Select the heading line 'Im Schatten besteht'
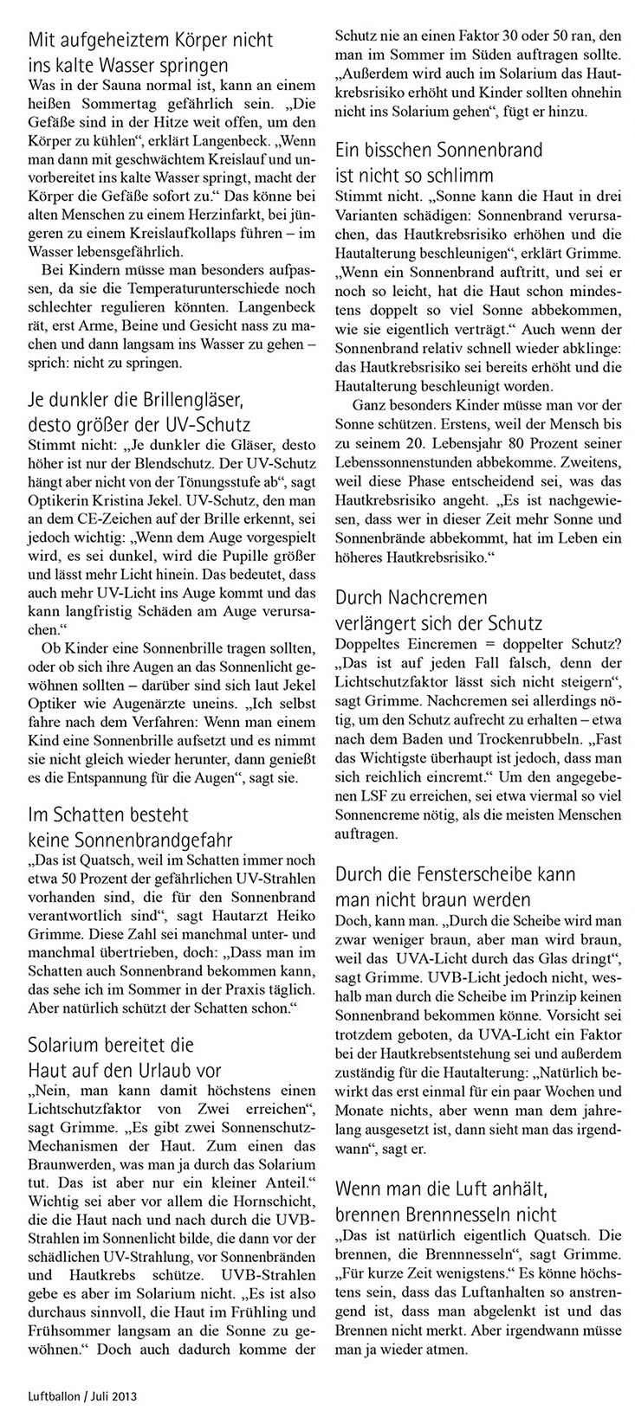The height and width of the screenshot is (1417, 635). (108, 815)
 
